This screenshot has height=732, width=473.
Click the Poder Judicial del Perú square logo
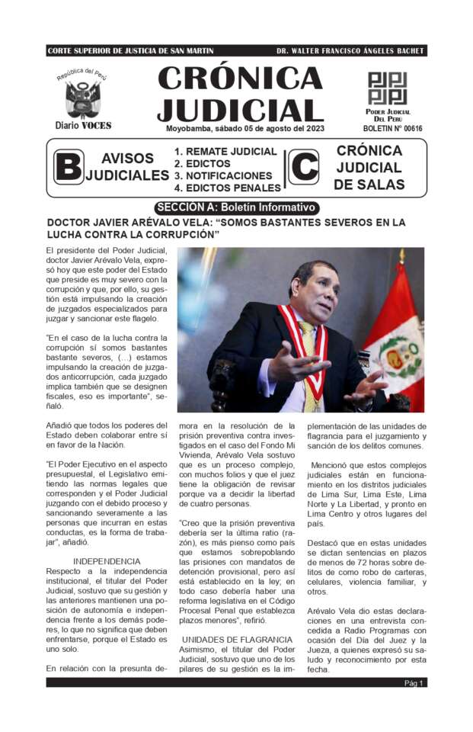(388, 88)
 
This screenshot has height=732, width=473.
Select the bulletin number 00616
(393, 128)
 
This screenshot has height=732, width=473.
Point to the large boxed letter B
(68, 166)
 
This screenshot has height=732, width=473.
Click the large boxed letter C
(304, 167)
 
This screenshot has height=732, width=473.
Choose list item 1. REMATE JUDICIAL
(225, 152)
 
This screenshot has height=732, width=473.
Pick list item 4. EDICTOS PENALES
(227, 188)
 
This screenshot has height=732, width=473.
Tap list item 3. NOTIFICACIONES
(222, 175)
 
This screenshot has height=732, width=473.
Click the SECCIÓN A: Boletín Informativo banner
(236, 207)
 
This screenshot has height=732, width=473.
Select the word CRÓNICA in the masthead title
(240, 79)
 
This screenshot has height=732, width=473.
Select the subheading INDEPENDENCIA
(107, 560)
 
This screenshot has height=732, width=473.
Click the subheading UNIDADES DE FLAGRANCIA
(237, 639)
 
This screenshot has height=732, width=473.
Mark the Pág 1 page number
(414, 683)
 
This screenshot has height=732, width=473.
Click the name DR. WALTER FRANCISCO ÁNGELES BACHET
(350, 51)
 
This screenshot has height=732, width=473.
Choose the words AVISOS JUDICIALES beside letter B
(127, 167)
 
